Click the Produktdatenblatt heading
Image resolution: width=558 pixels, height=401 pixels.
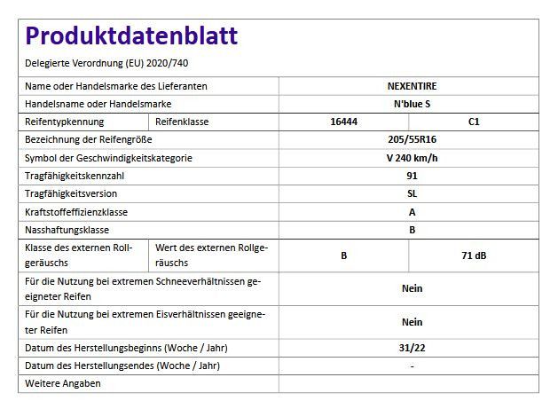click(131, 36)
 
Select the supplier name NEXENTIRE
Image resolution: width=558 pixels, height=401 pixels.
click(412, 87)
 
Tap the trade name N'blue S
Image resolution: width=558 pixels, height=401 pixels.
click(412, 105)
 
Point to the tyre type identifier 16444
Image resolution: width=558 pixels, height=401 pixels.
click(343, 122)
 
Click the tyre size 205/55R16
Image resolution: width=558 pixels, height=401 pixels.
click(412, 141)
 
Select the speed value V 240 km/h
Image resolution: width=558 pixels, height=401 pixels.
click(412, 159)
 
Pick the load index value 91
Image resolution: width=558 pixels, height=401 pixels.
click(412, 177)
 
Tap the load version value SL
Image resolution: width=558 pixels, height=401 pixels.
click(412, 194)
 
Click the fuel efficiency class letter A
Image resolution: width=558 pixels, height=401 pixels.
click(412, 212)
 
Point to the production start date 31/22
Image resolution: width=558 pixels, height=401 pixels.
click(412, 348)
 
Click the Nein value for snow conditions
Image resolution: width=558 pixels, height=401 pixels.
click(412, 288)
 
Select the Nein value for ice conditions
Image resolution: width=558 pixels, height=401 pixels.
click(412, 322)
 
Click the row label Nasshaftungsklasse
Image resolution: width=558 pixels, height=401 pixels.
click(67, 230)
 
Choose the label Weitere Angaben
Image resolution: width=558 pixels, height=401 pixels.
click(63, 383)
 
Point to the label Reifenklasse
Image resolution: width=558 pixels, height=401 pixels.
click(182, 122)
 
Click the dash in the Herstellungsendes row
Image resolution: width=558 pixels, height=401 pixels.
click(412, 366)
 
